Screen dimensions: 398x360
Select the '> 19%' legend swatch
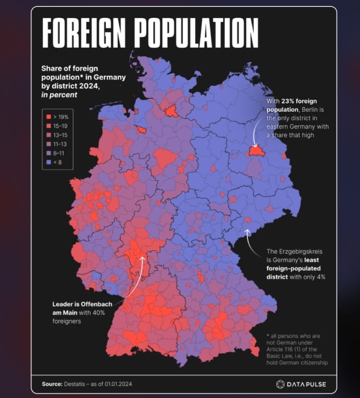point(48,117)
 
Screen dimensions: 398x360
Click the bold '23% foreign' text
point(299,100)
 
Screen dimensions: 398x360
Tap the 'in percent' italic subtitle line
point(59,95)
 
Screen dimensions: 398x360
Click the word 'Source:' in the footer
point(52,384)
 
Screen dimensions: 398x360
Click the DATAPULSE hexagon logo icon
point(280,384)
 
